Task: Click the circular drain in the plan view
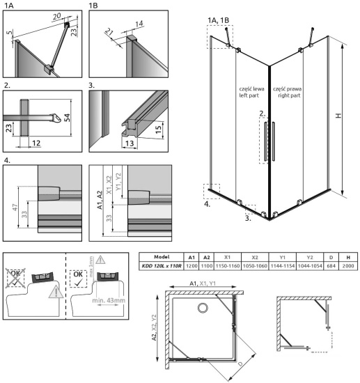(x=202, y=308)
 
